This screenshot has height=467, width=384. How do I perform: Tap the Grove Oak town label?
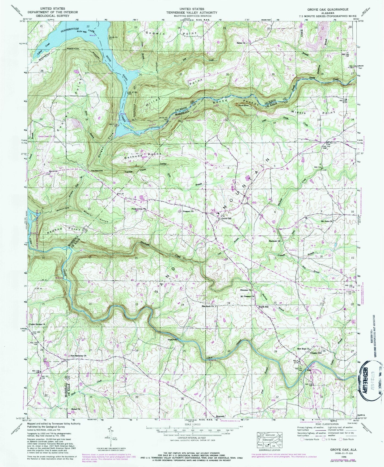pos(227,219)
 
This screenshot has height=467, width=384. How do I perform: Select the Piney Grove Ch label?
pos(139,209)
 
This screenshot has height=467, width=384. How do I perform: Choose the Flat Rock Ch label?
pos(208,306)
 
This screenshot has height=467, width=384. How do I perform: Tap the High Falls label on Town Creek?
pos(173,340)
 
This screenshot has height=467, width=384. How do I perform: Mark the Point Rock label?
pos(243,106)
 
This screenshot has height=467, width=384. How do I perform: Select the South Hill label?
pos(264,307)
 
